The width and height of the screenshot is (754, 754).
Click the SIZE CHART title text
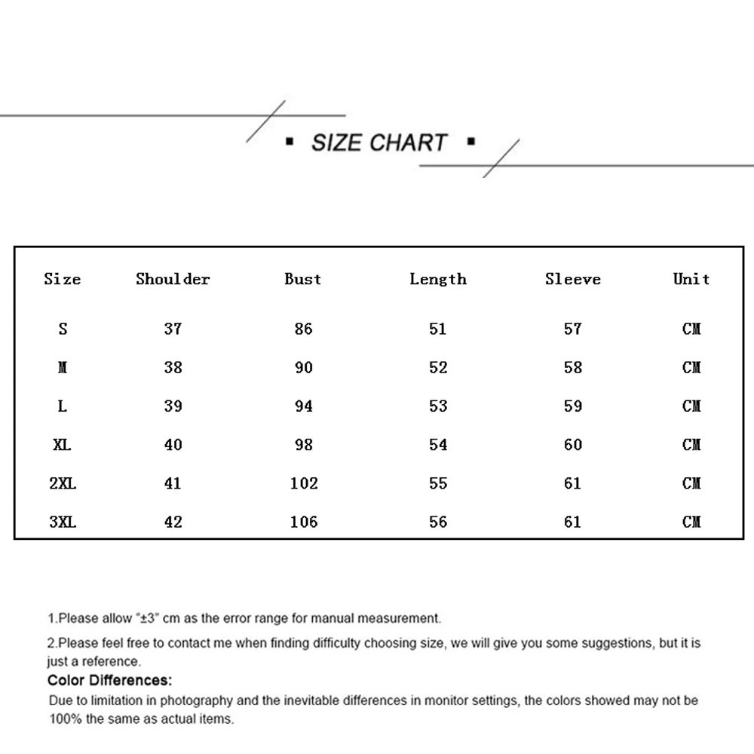(x=379, y=143)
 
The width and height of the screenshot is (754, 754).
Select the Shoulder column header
(x=173, y=279)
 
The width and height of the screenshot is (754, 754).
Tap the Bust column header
(x=303, y=279)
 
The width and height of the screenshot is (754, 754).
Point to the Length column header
(x=438, y=279)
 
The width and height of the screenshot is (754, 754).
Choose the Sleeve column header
(x=573, y=279)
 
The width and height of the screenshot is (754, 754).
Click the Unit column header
(x=691, y=279)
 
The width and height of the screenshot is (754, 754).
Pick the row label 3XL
(x=63, y=522)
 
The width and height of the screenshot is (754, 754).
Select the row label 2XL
(x=63, y=483)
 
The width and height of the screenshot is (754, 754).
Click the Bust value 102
(x=304, y=483)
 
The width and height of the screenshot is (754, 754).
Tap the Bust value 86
(x=304, y=329)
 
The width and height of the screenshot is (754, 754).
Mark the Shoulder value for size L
(x=173, y=406)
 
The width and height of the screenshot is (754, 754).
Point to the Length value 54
(x=438, y=445)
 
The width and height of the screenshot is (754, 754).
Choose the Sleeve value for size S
(x=573, y=329)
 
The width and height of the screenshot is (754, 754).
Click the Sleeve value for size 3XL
(x=573, y=522)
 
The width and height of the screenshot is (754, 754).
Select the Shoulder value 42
(x=173, y=522)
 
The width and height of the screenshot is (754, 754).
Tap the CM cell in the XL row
(x=691, y=445)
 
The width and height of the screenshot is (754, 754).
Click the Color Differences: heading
(x=110, y=682)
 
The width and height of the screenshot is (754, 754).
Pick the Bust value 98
(x=304, y=445)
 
